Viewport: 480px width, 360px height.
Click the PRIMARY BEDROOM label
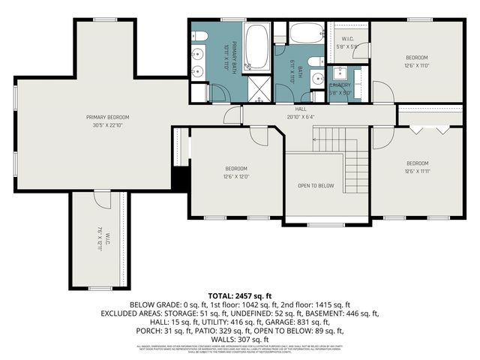(x=107, y=117)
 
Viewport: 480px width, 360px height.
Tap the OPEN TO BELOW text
(x=316, y=185)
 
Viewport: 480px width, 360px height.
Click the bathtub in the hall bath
(x=306, y=34)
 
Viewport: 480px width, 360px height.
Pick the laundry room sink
(x=340, y=73)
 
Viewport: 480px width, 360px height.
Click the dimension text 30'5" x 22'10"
(x=107, y=124)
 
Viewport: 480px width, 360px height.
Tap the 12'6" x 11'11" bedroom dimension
(x=417, y=171)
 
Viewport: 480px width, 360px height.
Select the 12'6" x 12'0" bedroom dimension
(x=235, y=176)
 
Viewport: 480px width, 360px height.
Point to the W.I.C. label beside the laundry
(x=347, y=39)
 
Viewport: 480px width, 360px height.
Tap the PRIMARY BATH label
(x=234, y=54)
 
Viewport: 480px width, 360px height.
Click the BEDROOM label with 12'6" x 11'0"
(x=417, y=57)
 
